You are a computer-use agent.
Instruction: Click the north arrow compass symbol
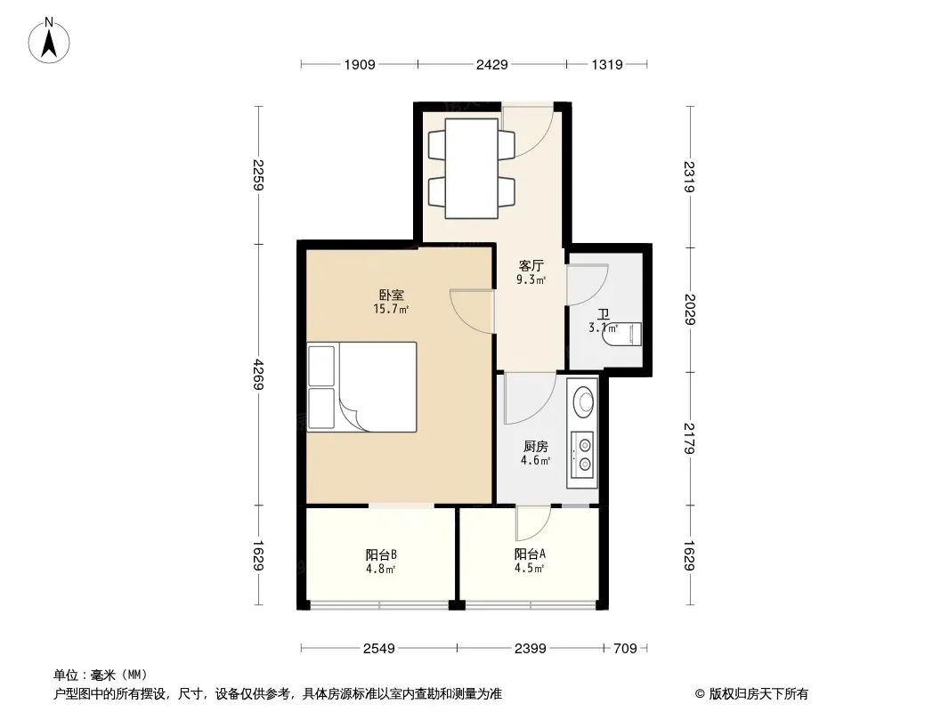point(49,41)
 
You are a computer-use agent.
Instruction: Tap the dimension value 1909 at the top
point(360,65)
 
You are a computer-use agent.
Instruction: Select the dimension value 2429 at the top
point(491,65)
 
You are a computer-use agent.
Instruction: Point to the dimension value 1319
point(606,65)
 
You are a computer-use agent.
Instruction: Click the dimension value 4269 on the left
point(258,375)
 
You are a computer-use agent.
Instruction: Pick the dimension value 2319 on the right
point(689,176)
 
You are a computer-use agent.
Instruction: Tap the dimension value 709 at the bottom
point(625,649)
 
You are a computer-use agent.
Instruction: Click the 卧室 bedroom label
point(392,295)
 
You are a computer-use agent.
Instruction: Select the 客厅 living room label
point(531,265)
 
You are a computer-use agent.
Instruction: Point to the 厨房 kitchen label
point(536,447)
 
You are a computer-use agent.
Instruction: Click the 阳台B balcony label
point(381,554)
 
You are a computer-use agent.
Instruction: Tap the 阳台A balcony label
point(531,554)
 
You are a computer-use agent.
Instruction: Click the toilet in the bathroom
point(622,335)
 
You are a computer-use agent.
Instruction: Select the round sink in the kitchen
point(583,400)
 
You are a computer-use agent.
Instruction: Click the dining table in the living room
point(472,169)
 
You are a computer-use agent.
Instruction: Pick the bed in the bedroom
point(362,387)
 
